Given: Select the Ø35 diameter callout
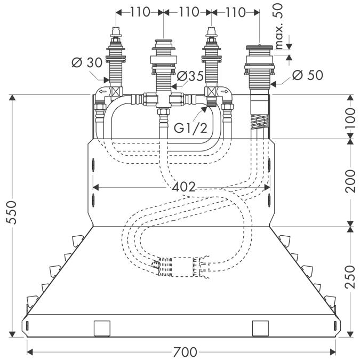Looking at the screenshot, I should point(190,76).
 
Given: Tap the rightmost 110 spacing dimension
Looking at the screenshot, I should point(235,11).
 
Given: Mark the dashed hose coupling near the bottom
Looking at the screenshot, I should point(181,265).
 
